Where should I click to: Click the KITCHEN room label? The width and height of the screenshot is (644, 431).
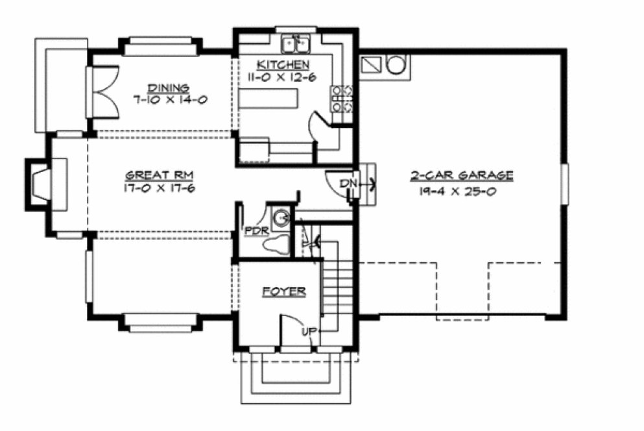pyautogui.click(x=283, y=64)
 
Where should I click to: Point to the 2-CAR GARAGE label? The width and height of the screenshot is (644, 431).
pyautogui.click(x=462, y=175)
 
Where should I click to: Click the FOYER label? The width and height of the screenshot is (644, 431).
pyautogui.click(x=284, y=292)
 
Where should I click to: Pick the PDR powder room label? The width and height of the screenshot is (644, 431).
pyautogui.click(x=253, y=230)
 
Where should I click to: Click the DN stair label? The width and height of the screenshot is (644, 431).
pyautogui.click(x=350, y=184)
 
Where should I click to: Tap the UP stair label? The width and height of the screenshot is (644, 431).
pyautogui.click(x=309, y=332)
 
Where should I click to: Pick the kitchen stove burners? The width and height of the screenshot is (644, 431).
pyautogui.click(x=342, y=98)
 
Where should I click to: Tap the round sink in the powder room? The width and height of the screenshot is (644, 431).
pyautogui.click(x=281, y=218)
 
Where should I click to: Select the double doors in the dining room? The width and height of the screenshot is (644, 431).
pyautogui.click(x=102, y=92)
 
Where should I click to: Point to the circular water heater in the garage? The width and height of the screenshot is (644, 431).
pyautogui.click(x=396, y=65)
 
